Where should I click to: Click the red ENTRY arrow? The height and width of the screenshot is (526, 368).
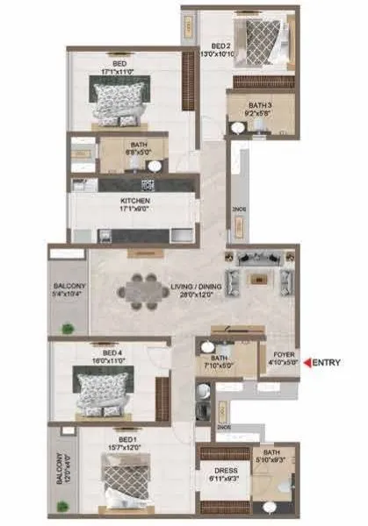[306, 361]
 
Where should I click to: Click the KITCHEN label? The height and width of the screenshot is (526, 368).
[129, 201]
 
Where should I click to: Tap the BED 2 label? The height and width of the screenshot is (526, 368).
[220, 45]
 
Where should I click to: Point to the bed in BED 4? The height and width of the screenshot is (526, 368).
[103, 387]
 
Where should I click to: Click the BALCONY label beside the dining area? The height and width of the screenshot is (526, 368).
[68, 286]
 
